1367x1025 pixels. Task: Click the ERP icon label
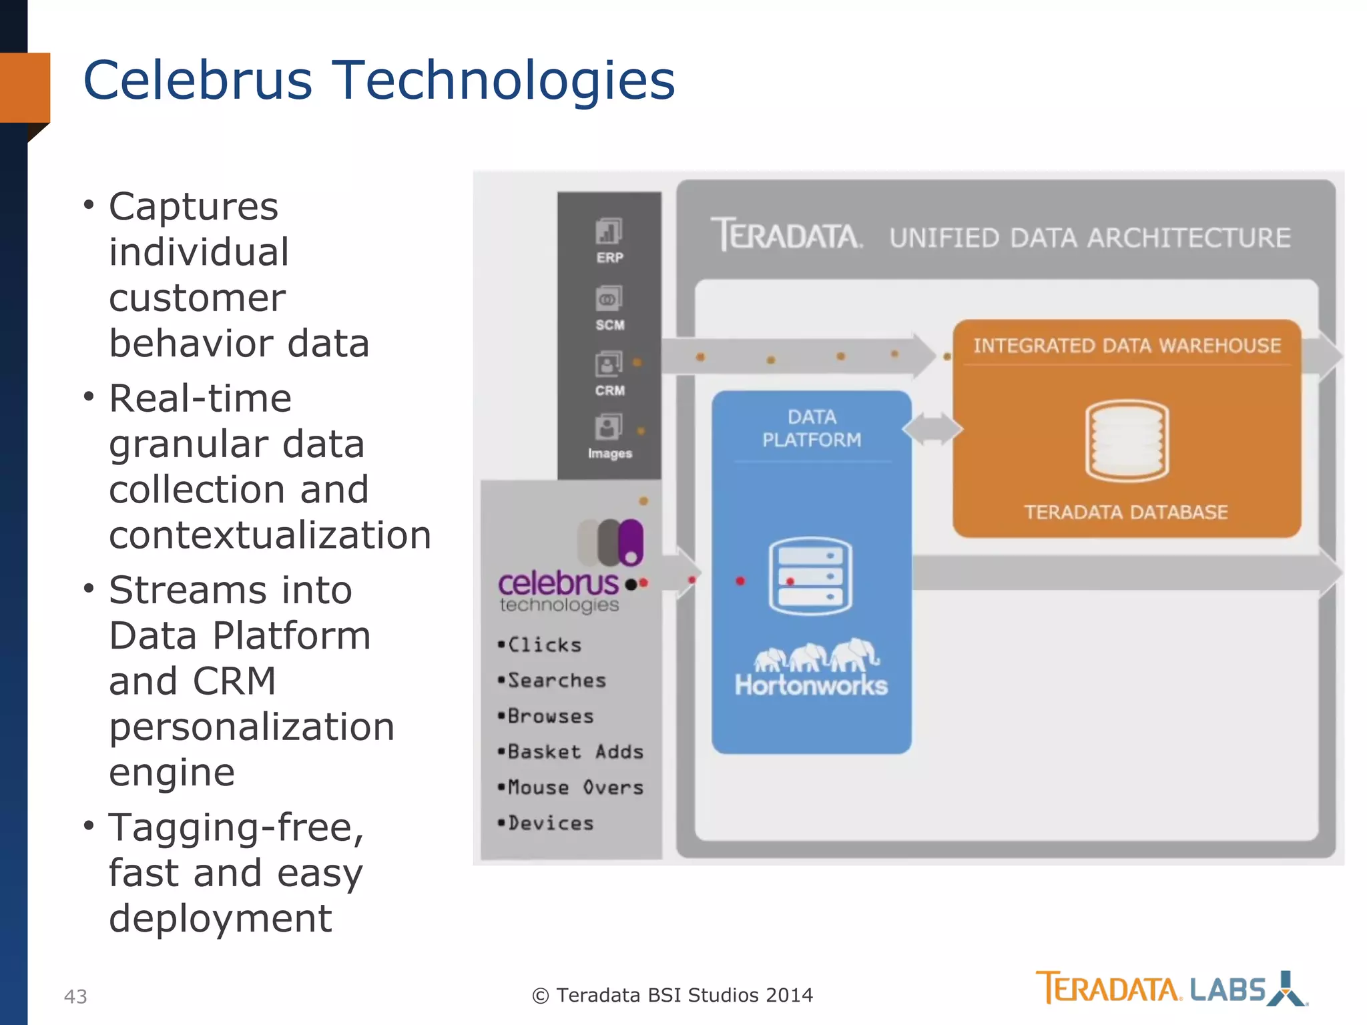click(609, 258)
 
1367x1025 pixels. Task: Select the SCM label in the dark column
click(609, 325)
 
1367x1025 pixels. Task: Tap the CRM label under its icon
click(609, 390)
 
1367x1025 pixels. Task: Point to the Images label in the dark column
click(609, 454)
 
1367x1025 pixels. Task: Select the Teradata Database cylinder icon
click(1127, 440)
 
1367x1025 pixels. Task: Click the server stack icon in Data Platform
click(810, 576)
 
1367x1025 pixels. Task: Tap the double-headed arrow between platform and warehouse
click(932, 428)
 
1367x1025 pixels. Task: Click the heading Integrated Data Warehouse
click(1127, 346)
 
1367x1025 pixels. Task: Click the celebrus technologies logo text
click(559, 591)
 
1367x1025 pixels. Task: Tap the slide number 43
click(75, 996)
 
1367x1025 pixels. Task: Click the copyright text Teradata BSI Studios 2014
click(672, 995)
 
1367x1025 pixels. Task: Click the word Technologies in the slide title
click(503, 80)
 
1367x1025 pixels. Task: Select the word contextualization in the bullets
click(270, 535)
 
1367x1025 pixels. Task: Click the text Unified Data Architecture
click(1089, 238)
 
